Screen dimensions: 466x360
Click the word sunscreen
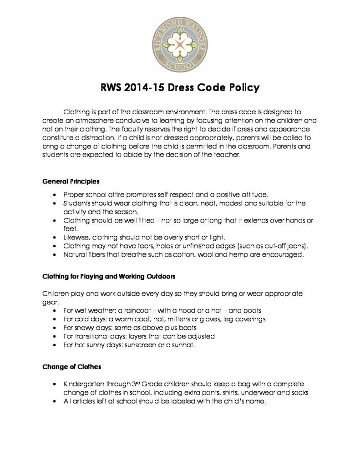click(140, 345)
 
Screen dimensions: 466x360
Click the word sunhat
click(183, 345)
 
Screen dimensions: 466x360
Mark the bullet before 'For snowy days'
click(55, 328)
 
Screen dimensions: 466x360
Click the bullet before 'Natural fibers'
click(55, 255)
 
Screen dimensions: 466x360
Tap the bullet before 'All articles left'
click(55, 402)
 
